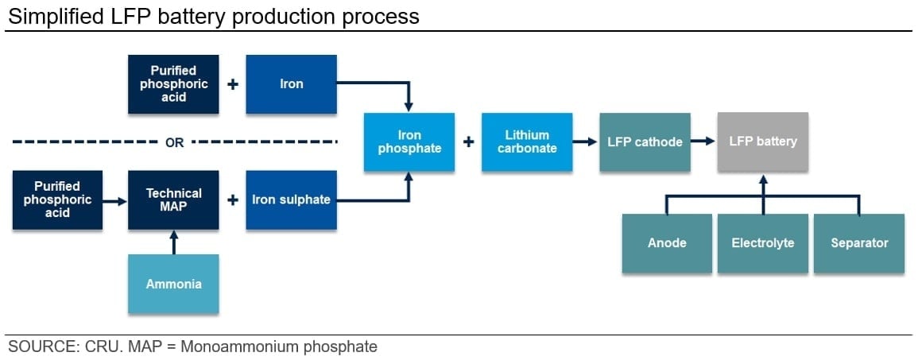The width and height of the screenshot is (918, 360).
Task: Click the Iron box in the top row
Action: (291, 84)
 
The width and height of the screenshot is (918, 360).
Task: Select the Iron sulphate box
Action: (291, 199)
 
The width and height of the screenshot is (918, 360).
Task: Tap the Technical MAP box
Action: (173, 199)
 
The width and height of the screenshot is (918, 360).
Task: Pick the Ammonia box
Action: (173, 284)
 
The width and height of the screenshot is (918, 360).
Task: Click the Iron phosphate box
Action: (409, 141)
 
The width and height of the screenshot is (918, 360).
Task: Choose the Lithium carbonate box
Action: (526, 141)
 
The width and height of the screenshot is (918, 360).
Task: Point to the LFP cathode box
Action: (645, 141)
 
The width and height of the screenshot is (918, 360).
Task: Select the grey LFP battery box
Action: (762, 141)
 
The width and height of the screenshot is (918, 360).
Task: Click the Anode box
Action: (666, 243)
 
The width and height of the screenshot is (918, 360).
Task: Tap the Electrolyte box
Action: (762, 243)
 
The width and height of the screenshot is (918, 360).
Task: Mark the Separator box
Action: (858, 243)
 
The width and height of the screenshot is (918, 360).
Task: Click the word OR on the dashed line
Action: (174, 143)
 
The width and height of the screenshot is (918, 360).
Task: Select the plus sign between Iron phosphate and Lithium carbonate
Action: (468, 142)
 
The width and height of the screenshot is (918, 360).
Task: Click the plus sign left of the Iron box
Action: (232, 84)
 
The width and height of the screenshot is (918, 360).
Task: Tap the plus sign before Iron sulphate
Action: (232, 199)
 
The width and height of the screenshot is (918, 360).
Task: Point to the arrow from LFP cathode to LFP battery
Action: (703, 141)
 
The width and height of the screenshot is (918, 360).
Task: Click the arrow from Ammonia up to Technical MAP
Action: (173, 242)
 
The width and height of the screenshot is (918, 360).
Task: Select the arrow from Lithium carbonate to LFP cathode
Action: (585, 141)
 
